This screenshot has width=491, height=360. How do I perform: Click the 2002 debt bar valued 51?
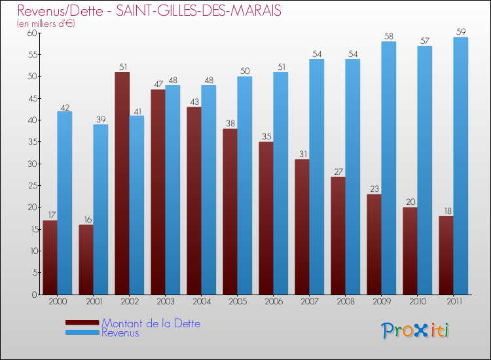point(122,183)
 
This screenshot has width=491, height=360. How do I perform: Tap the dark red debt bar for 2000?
point(50,257)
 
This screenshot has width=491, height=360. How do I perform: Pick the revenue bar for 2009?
point(389,168)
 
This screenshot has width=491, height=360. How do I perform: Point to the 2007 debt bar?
point(302,226)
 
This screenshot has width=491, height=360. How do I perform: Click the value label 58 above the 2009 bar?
point(389,36)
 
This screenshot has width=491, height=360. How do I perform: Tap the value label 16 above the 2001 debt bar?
point(86,219)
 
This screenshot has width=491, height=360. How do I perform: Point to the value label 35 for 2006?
point(266,136)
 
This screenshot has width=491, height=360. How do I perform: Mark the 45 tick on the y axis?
point(30,98)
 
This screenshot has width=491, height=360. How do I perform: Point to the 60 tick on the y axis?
point(30,33)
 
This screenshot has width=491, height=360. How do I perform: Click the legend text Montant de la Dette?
point(151,323)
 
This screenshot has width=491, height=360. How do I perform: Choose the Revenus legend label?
point(120,333)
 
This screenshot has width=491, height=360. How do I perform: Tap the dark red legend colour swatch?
point(82,323)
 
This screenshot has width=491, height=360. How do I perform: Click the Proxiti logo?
point(416,330)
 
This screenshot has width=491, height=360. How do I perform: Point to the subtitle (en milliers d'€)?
point(46,24)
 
